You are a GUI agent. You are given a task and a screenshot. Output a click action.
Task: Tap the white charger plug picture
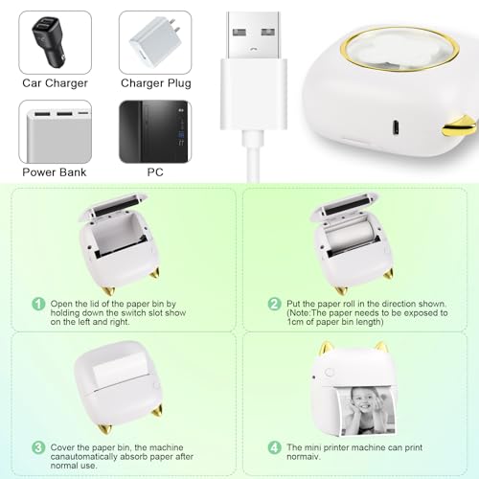tap(155, 41)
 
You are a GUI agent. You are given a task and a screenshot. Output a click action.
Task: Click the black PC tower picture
tap(155, 132)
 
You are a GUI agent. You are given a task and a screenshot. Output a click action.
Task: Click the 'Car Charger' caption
tap(55, 83)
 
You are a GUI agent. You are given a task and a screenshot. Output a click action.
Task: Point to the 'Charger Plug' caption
tap(156, 83)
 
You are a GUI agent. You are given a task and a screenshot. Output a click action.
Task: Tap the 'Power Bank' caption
tap(55, 172)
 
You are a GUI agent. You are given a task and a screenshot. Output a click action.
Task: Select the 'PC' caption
tap(155, 172)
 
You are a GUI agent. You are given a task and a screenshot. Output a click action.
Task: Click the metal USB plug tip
tap(254, 35)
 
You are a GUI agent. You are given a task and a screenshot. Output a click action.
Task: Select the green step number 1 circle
tap(38, 304)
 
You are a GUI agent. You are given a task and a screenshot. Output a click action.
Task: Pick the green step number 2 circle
tap(274, 304)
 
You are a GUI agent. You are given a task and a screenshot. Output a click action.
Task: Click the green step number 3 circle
tap(38, 447)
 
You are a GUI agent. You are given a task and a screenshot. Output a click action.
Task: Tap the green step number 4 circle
tap(274, 447)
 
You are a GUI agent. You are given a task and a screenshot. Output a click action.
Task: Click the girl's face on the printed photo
tap(365, 403)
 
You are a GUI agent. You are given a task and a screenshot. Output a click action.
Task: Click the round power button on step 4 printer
tap(329, 373)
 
